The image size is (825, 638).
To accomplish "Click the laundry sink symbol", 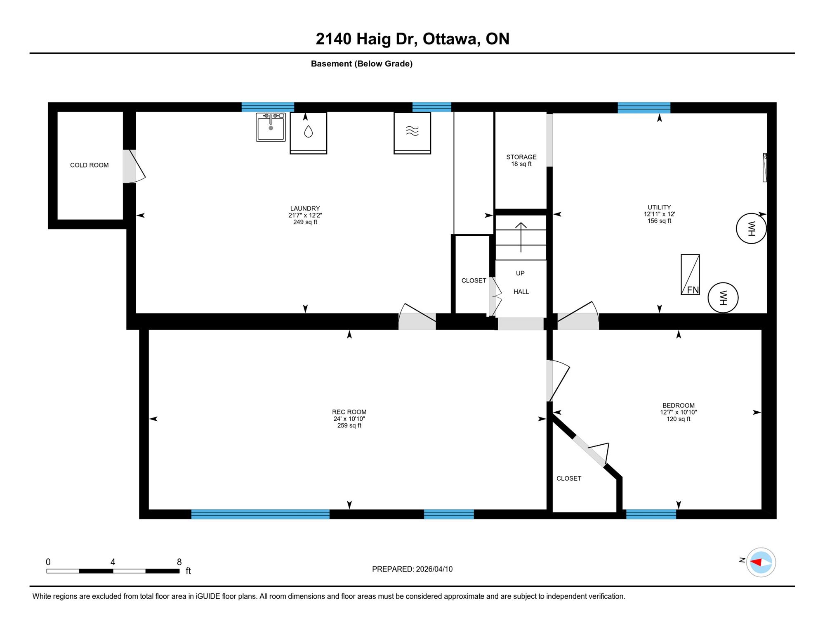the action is click(271, 127).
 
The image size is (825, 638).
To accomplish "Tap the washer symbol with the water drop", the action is click(308, 133).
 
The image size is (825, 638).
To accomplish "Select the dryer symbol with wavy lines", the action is click(412, 133).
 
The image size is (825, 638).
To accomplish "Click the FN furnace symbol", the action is click(690, 274).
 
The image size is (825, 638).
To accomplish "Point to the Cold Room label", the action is click(90, 165).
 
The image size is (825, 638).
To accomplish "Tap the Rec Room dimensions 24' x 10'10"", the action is click(349, 419).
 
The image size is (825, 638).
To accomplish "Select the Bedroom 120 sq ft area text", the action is click(679, 419).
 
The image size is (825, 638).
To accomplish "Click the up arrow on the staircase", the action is click(521, 237).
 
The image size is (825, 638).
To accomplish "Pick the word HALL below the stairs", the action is click(521, 292).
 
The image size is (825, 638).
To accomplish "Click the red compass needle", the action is click(756, 562).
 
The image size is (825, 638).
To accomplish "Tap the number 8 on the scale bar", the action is click(179, 562).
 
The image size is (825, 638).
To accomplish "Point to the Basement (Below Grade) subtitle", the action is click(362, 64).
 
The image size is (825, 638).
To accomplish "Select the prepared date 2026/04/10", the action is click(434, 569).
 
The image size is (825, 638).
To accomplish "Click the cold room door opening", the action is click(129, 166).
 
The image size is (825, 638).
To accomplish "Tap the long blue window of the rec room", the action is click(260, 514).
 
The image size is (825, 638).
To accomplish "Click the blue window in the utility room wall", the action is click(644, 107).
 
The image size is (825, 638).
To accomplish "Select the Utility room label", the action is click(659, 207).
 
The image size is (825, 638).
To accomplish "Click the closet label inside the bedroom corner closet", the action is click(569, 478).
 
